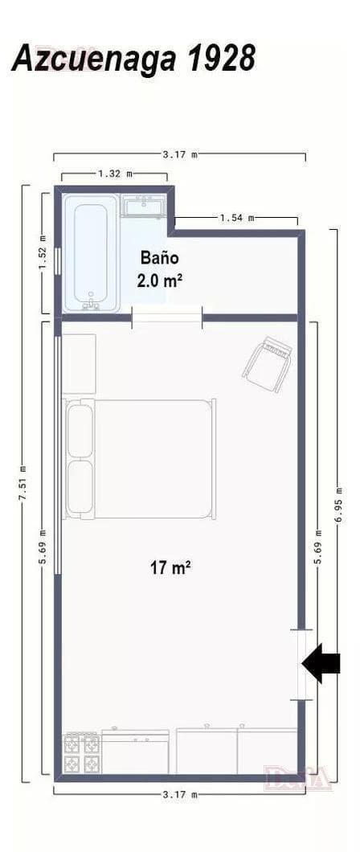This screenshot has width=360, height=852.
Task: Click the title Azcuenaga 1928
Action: pyautogui.click(x=133, y=59)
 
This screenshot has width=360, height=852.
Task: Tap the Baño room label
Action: pyautogui.click(x=159, y=257)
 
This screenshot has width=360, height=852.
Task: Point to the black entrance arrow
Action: pyautogui.click(x=321, y=663)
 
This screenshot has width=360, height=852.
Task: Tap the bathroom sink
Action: pyautogui.click(x=143, y=207)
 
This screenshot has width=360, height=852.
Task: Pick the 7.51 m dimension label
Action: pyautogui.click(x=22, y=483)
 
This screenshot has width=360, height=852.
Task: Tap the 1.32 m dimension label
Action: pyautogui.click(x=115, y=174)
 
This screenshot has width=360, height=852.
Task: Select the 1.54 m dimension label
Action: pyautogui.click(x=237, y=218)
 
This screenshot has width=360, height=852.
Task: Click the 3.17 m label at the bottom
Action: pyautogui.click(x=180, y=794)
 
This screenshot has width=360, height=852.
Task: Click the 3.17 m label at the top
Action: pyautogui.click(x=180, y=155)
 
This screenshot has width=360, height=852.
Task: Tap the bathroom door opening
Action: pyautogui.click(x=167, y=317)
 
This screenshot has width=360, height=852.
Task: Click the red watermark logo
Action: pyautogui.click(x=297, y=777)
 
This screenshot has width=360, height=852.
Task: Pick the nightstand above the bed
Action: pyautogui.click(x=80, y=363)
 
